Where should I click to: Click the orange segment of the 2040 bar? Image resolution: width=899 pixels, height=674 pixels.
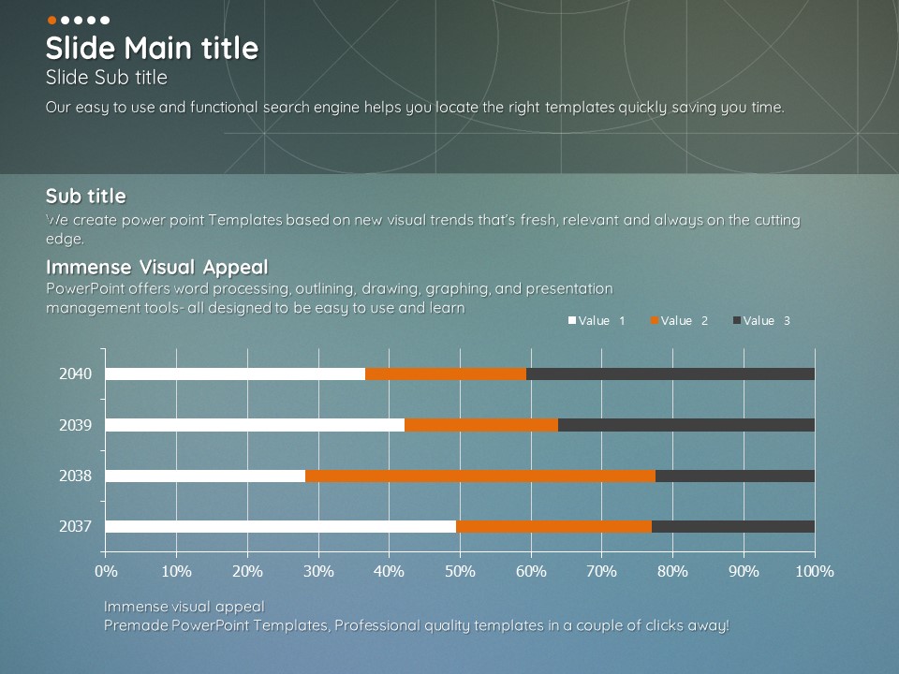446,374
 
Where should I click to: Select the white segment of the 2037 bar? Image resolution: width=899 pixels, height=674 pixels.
281,526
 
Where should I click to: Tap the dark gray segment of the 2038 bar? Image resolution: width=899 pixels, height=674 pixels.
735,476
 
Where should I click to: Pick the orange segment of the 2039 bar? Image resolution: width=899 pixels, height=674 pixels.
481,425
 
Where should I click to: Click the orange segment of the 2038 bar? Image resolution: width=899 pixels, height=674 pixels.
480,476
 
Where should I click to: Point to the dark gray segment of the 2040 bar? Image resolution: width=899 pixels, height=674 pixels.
671,374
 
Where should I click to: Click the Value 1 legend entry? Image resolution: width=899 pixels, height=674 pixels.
597,320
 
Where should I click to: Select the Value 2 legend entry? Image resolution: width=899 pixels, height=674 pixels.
679,320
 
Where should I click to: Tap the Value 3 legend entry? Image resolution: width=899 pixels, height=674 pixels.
761,320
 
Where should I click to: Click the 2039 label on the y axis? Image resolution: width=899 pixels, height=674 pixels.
75,425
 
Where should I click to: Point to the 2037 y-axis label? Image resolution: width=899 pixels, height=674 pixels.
75,526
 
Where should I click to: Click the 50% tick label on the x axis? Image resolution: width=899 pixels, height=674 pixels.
461,571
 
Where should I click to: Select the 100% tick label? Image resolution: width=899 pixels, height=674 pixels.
815,571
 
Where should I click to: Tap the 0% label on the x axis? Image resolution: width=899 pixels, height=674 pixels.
106,571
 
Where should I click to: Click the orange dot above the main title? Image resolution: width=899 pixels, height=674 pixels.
52,20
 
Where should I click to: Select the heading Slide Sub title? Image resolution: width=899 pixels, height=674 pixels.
107,78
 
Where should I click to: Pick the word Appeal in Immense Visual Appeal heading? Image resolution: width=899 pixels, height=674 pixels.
236,268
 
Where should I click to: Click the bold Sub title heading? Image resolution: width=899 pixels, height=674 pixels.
86,196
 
